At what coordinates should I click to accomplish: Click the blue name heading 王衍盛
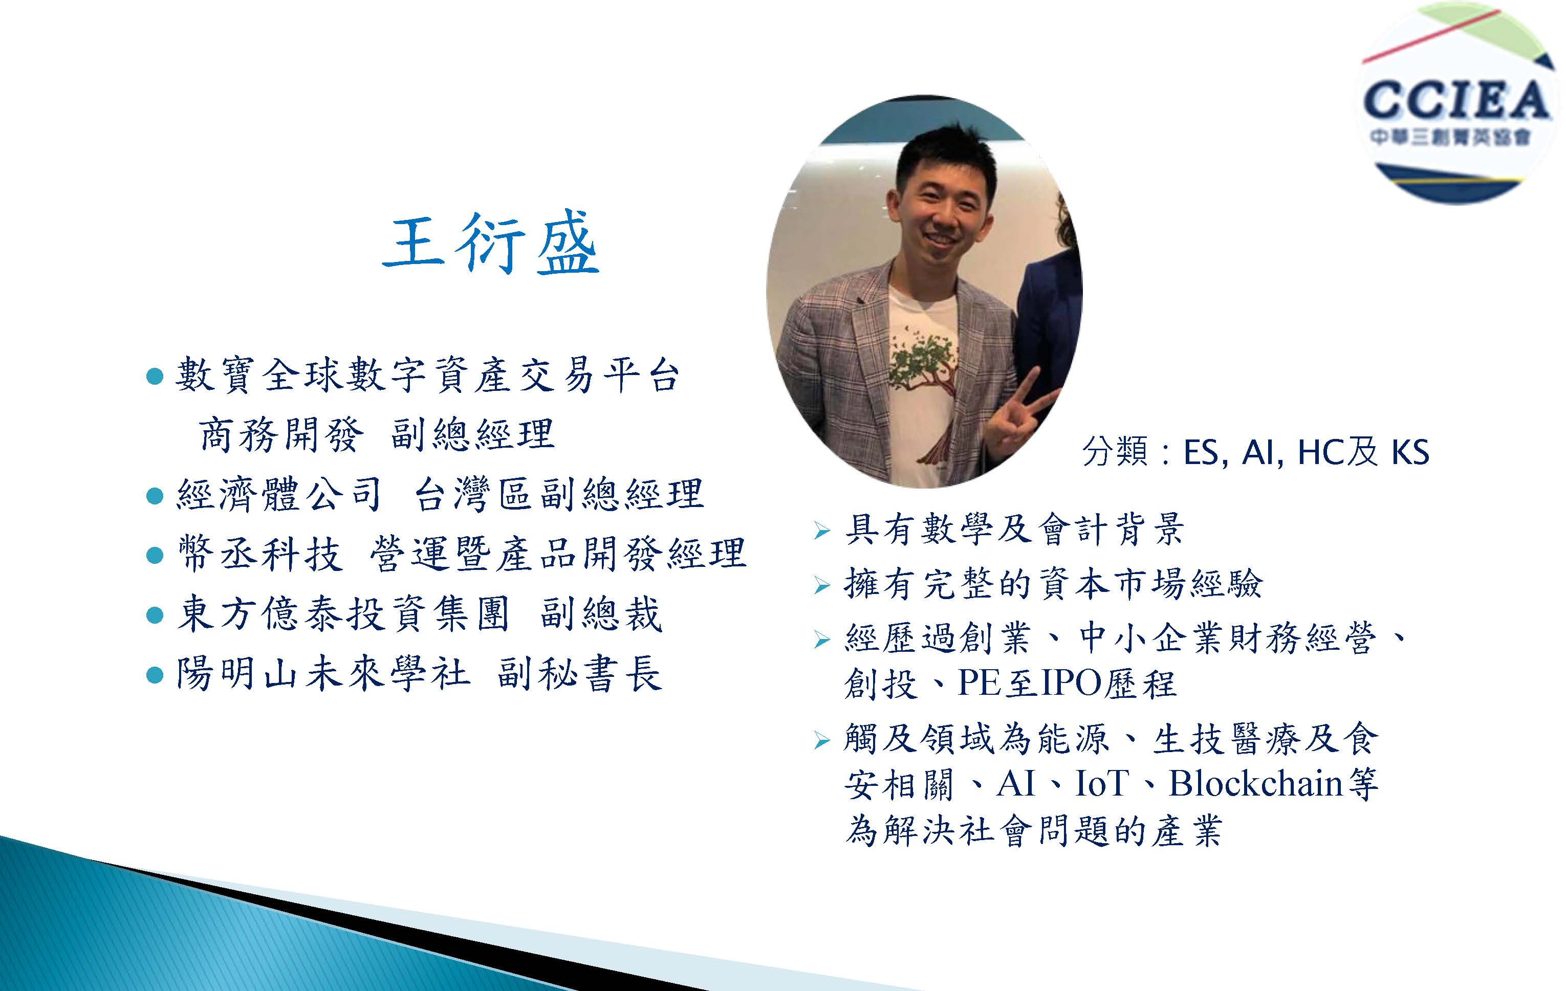pyautogui.click(x=490, y=242)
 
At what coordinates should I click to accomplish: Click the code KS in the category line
pyautogui.click(x=1410, y=452)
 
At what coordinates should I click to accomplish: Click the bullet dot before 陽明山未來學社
pyautogui.click(x=155, y=675)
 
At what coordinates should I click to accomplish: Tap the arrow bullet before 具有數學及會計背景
pyautogui.click(x=822, y=531)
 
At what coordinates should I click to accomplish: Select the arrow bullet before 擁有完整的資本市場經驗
pyautogui.click(x=822, y=586)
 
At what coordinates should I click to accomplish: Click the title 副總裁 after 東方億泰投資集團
pyautogui.click(x=601, y=614)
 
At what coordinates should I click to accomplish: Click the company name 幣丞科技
pyautogui.click(x=259, y=554)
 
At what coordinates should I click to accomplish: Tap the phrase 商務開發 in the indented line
pyautogui.click(x=279, y=434)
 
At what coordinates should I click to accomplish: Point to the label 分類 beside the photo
pyautogui.click(x=1115, y=452)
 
